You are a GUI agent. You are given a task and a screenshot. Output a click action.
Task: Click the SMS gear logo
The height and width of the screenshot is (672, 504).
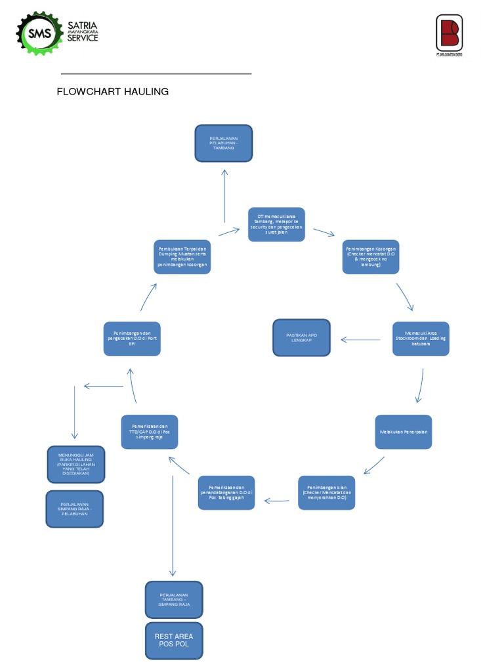pos(39,33)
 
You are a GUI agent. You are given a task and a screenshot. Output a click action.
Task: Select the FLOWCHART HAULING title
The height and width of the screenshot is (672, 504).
pos(113,92)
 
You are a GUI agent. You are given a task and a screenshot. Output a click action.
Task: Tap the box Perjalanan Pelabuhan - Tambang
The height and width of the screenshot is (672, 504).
pos(223,143)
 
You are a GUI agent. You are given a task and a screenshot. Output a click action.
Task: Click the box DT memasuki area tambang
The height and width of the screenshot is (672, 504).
pos(276,224)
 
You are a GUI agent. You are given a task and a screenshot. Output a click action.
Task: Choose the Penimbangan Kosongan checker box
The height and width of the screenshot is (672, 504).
pos(370,257)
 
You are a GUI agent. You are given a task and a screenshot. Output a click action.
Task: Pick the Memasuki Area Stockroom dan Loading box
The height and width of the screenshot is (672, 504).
pos(421,339)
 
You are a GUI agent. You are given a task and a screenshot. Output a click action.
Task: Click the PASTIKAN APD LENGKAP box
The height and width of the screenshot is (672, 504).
pos(301,337)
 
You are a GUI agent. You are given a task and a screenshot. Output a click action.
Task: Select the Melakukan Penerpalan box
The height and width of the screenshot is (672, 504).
pos(403,432)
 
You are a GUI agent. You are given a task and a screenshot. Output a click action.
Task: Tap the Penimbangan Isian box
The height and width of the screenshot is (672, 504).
pos(326,493)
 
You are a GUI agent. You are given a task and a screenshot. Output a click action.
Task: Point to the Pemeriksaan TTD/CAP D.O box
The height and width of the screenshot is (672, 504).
pos(149,431)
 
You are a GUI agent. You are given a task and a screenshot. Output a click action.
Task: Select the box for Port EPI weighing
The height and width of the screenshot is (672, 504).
pos(132,339)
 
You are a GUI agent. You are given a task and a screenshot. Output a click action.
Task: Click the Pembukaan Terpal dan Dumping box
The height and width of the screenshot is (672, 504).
pos(182,257)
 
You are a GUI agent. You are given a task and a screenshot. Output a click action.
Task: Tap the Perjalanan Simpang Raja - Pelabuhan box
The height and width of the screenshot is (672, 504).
pos(74,509)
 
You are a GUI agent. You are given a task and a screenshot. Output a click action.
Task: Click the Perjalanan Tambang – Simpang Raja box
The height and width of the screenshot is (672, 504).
pos(174,600)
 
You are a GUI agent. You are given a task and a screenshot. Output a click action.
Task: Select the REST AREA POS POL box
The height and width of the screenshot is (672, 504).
pos(174,640)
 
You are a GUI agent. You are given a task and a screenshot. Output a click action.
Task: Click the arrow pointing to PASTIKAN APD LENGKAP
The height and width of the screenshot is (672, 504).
pos(361,340)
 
